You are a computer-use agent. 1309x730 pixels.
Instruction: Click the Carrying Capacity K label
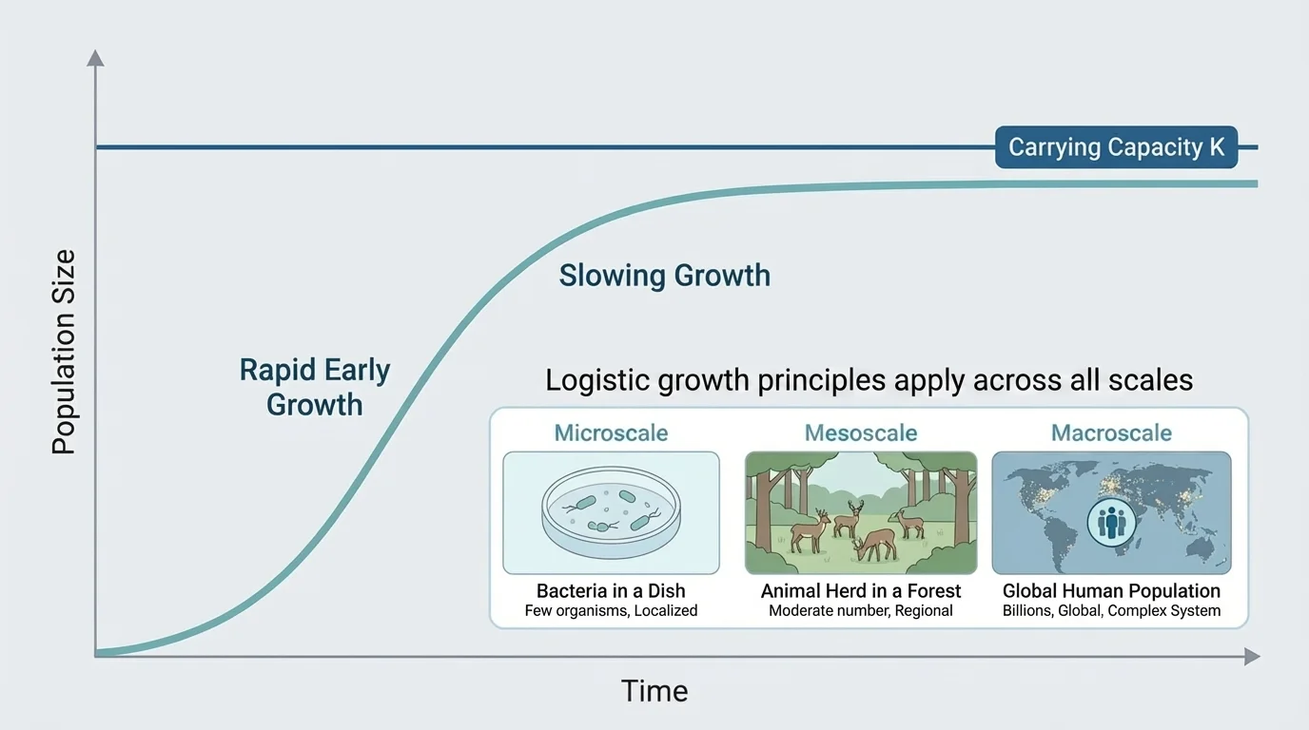(x=1116, y=147)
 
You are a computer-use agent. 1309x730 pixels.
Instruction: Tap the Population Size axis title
(x=64, y=353)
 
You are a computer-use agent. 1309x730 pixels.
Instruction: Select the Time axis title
(x=654, y=691)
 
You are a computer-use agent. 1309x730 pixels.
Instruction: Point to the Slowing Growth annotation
(x=664, y=276)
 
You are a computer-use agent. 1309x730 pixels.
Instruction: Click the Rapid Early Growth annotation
(x=315, y=387)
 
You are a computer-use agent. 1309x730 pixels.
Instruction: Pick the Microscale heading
(x=611, y=433)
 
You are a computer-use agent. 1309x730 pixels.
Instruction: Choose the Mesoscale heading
(x=861, y=433)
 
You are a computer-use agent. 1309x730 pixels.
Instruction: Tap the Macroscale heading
(x=1111, y=433)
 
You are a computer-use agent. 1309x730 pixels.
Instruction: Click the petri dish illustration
(x=609, y=514)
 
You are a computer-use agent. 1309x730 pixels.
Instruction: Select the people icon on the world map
(x=1111, y=522)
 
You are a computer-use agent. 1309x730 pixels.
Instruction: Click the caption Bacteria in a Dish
(x=611, y=591)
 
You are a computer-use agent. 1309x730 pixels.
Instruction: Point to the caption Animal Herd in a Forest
(x=861, y=591)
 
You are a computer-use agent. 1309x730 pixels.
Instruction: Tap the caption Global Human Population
(x=1111, y=591)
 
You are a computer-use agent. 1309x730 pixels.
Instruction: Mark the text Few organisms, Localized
(x=611, y=611)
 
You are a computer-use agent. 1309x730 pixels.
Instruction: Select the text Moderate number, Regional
(x=861, y=611)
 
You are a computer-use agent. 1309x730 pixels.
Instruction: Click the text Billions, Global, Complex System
(x=1111, y=611)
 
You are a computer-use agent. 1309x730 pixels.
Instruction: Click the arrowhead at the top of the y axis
(x=95, y=58)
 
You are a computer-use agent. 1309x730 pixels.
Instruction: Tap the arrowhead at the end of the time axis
(x=1251, y=656)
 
